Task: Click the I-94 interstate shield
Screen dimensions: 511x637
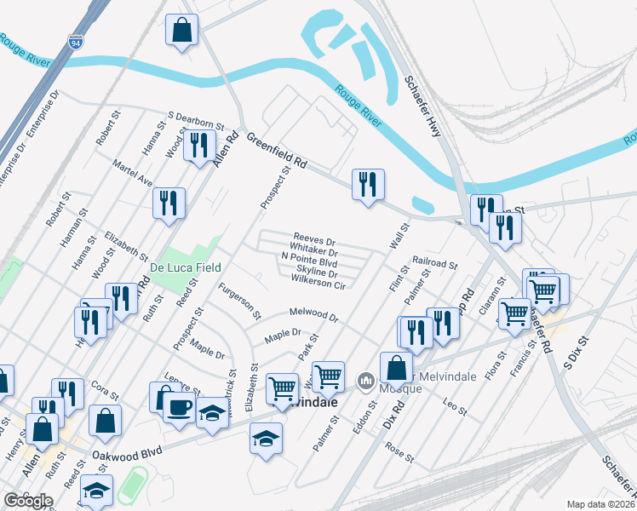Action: click(x=77, y=40)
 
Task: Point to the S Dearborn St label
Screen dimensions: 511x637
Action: click(x=195, y=119)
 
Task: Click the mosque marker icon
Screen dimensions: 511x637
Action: click(x=367, y=379)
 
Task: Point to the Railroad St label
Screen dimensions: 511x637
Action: click(x=435, y=265)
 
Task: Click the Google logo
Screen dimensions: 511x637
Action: click(x=28, y=501)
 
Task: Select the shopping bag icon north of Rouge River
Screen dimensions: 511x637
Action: click(x=182, y=31)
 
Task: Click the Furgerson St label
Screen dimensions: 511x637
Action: click(x=239, y=301)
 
